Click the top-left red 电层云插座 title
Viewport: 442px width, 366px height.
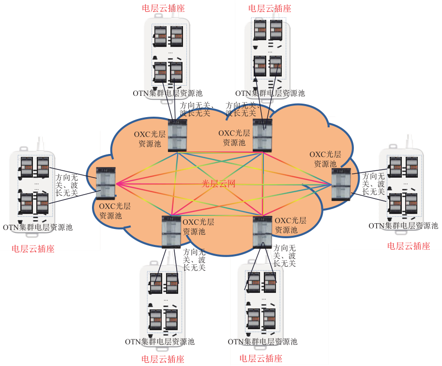[163, 8]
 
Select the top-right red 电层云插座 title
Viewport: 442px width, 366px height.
[270, 8]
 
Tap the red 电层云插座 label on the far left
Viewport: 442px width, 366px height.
[33, 249]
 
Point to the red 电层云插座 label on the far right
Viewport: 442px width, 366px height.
[409, 246]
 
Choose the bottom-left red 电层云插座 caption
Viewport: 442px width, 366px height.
[163, 359]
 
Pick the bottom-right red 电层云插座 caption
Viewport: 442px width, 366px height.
[261, 359]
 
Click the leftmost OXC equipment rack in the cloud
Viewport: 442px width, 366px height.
[105, 183]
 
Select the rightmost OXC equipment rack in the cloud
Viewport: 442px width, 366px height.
[341, 184]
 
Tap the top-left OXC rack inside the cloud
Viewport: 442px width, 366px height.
[177, 136]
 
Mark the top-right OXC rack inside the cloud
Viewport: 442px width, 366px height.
[262, 135]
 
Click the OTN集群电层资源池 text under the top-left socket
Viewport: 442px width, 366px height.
[168, 93]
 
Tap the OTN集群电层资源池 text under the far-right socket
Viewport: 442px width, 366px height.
[403, 226]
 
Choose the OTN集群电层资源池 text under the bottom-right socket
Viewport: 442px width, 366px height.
[262, 342]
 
